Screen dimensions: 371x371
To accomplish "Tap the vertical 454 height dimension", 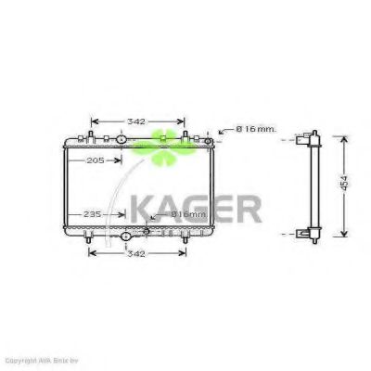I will [346, 185].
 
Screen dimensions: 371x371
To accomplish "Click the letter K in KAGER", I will [142, 209].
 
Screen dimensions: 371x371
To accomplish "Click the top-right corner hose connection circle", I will [209, 140].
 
